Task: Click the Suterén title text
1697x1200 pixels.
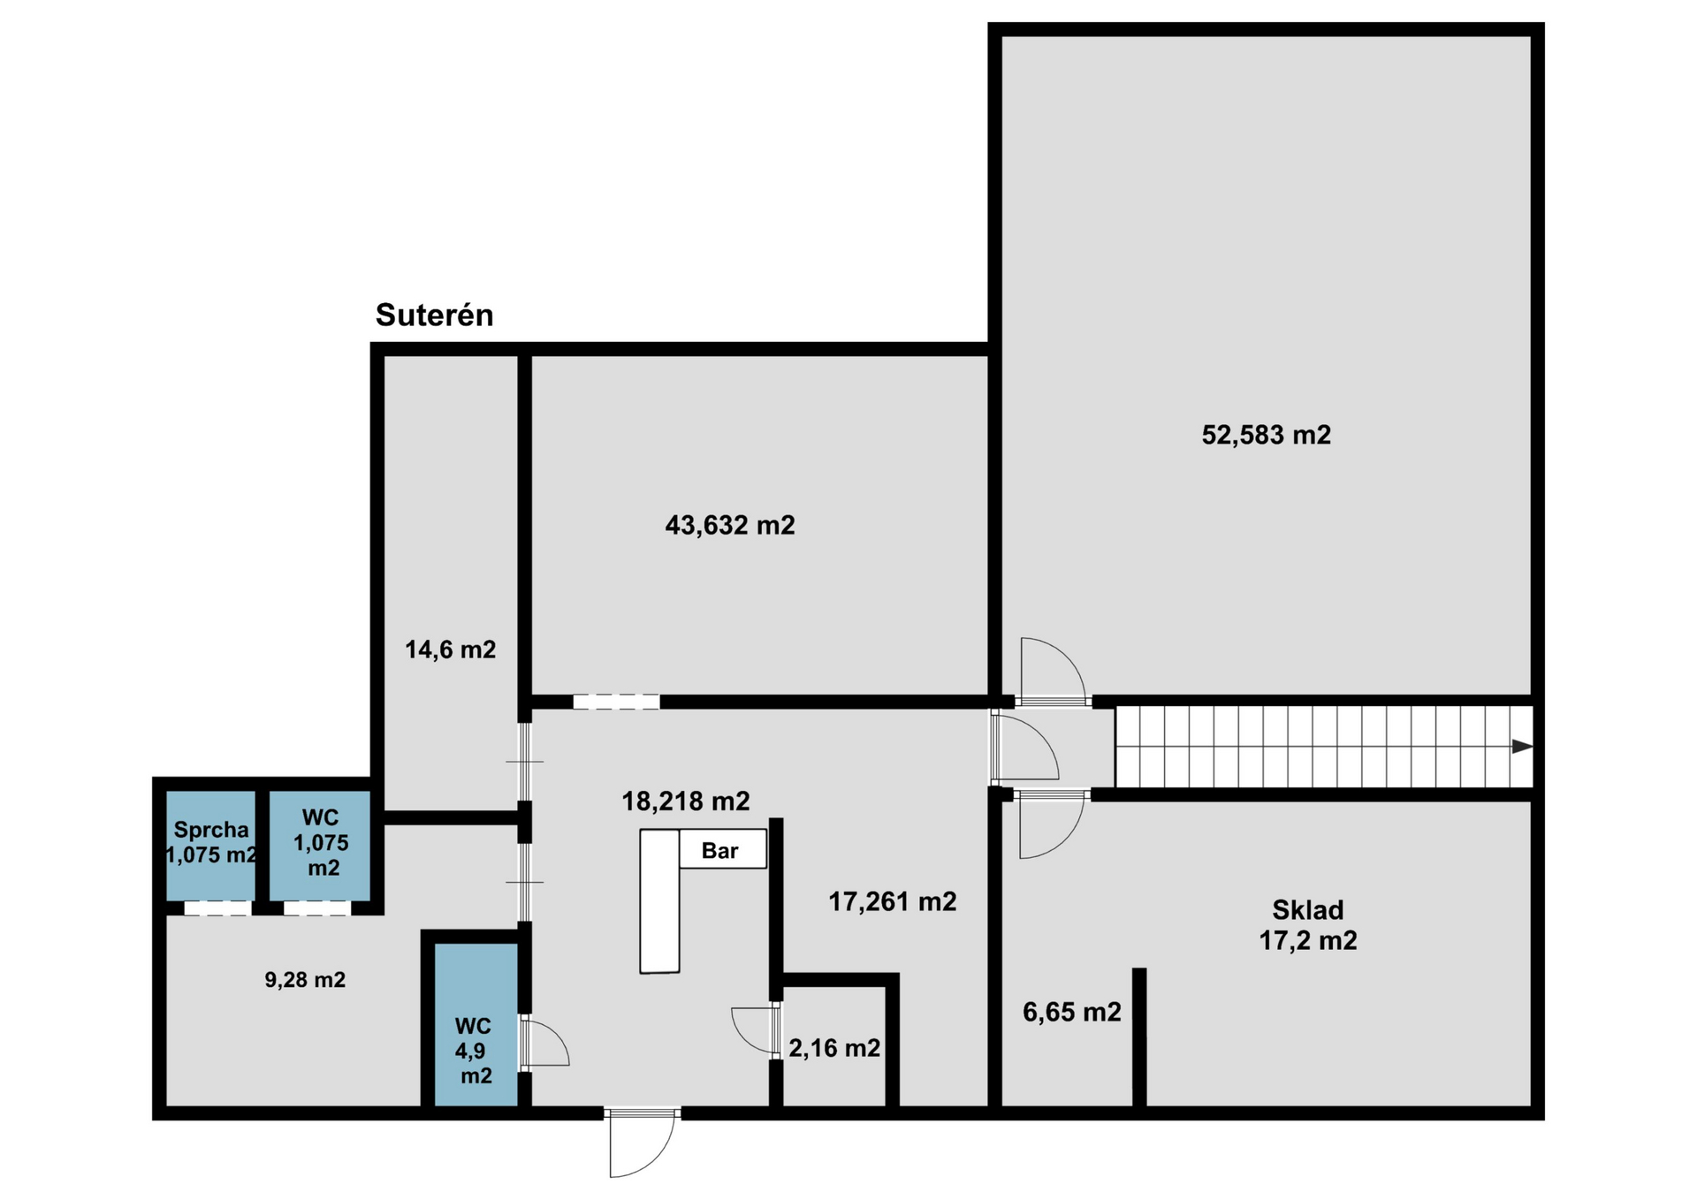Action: click(434, 315)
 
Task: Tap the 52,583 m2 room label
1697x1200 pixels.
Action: click(1266, 435)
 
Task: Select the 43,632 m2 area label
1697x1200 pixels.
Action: click(730, 526)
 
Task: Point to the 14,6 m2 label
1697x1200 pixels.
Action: click(450, 650)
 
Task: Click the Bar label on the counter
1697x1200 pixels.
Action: click(719, 851)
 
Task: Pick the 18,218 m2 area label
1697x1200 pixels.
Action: click(686, 801)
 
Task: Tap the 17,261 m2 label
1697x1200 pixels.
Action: click(892, 902)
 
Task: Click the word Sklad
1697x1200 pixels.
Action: click(1307, 910)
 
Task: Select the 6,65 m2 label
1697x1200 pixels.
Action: click(1071, 1012)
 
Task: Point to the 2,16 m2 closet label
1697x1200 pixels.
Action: click(834, 1048)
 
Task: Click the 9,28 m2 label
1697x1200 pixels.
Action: click(305, 979)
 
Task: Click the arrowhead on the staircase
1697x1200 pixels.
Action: click(1522, 747)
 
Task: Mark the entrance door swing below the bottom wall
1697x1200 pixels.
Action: click(643, 1143)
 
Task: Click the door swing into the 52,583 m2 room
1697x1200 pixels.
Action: click(1052, 672)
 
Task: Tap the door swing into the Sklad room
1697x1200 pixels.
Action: click(1052, 825)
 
